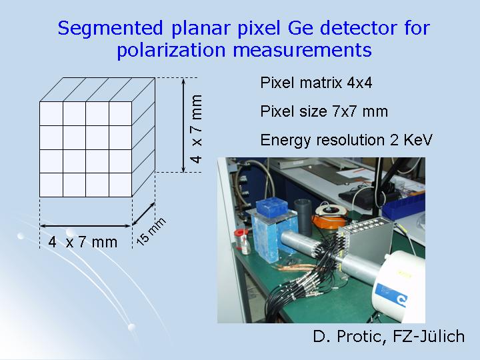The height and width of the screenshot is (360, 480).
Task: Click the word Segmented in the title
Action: coord(110,29)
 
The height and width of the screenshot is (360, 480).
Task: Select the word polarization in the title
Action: coord(171,50)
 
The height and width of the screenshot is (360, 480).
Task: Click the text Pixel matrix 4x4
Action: coord(316,83)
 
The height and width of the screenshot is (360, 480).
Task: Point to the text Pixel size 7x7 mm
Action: coord(324,111)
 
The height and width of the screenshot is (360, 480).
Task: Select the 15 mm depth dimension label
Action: coord(151,231)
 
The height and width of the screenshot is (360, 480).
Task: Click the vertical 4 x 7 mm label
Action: coord(196,129)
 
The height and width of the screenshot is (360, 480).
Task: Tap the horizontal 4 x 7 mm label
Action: coord(83,242)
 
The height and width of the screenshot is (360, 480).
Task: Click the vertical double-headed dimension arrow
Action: coord(183,125)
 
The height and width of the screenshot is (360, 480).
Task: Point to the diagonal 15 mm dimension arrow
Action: coord(143,214)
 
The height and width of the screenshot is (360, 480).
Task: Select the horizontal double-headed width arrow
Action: coord(86,226)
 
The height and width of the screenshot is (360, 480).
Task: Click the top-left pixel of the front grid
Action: coord(51,113)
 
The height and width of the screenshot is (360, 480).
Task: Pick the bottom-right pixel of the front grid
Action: coord(120,185)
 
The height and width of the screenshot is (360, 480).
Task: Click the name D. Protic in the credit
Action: coord(349,336)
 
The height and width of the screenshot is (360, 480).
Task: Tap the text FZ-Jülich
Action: coord(429,336)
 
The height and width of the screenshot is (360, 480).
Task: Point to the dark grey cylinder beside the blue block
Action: coord(303,215)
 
